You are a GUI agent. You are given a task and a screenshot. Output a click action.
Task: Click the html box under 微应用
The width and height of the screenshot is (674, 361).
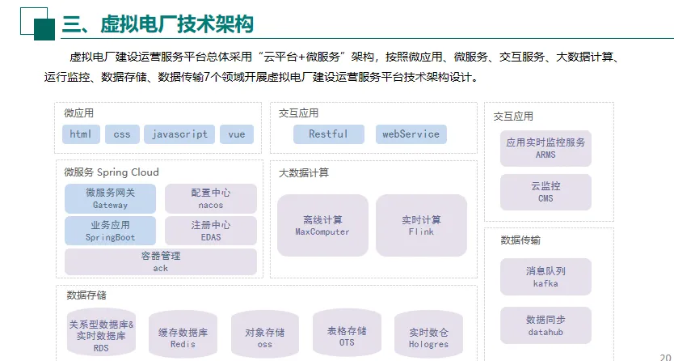coord(81,134)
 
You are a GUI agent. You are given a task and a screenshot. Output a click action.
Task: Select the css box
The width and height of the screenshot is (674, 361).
coord(122,134)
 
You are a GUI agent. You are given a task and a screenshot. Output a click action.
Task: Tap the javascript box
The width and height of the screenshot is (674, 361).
coord(180,134)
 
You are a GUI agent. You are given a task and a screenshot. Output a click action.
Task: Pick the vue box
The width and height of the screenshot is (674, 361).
coord(237,134)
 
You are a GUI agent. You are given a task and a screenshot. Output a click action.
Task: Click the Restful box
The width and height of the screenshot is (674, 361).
coord(328,134)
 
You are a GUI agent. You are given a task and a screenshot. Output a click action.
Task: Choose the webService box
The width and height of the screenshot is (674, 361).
coord(411,134)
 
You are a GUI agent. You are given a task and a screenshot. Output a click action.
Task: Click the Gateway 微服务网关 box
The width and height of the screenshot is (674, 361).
coord(110,198)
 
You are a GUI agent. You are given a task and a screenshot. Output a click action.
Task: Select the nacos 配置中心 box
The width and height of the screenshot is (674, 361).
coord(210,198)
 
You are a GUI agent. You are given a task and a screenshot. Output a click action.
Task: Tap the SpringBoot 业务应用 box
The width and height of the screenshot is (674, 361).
coord(110,231)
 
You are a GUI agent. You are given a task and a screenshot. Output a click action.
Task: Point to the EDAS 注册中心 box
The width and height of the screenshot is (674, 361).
coord(210,231)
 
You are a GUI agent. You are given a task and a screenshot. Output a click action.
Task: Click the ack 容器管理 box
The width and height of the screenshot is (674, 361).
coord(160,261)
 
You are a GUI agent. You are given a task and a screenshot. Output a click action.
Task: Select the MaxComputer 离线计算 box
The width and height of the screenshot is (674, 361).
coord(322,225)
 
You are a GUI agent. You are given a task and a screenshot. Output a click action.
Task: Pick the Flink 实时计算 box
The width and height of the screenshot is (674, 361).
coord(421,225)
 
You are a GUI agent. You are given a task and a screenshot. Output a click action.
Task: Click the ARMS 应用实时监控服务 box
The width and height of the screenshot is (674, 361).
coord(546,148)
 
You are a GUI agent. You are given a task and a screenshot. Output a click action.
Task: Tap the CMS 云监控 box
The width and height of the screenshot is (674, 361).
coord(546,192)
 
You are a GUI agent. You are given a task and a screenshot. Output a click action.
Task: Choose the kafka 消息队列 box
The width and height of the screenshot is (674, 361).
coord(546,277)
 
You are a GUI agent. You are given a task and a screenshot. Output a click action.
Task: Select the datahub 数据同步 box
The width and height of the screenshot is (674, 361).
coord(546,325)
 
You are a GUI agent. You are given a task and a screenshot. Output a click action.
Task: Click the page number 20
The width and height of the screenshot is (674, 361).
coord(666,354)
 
